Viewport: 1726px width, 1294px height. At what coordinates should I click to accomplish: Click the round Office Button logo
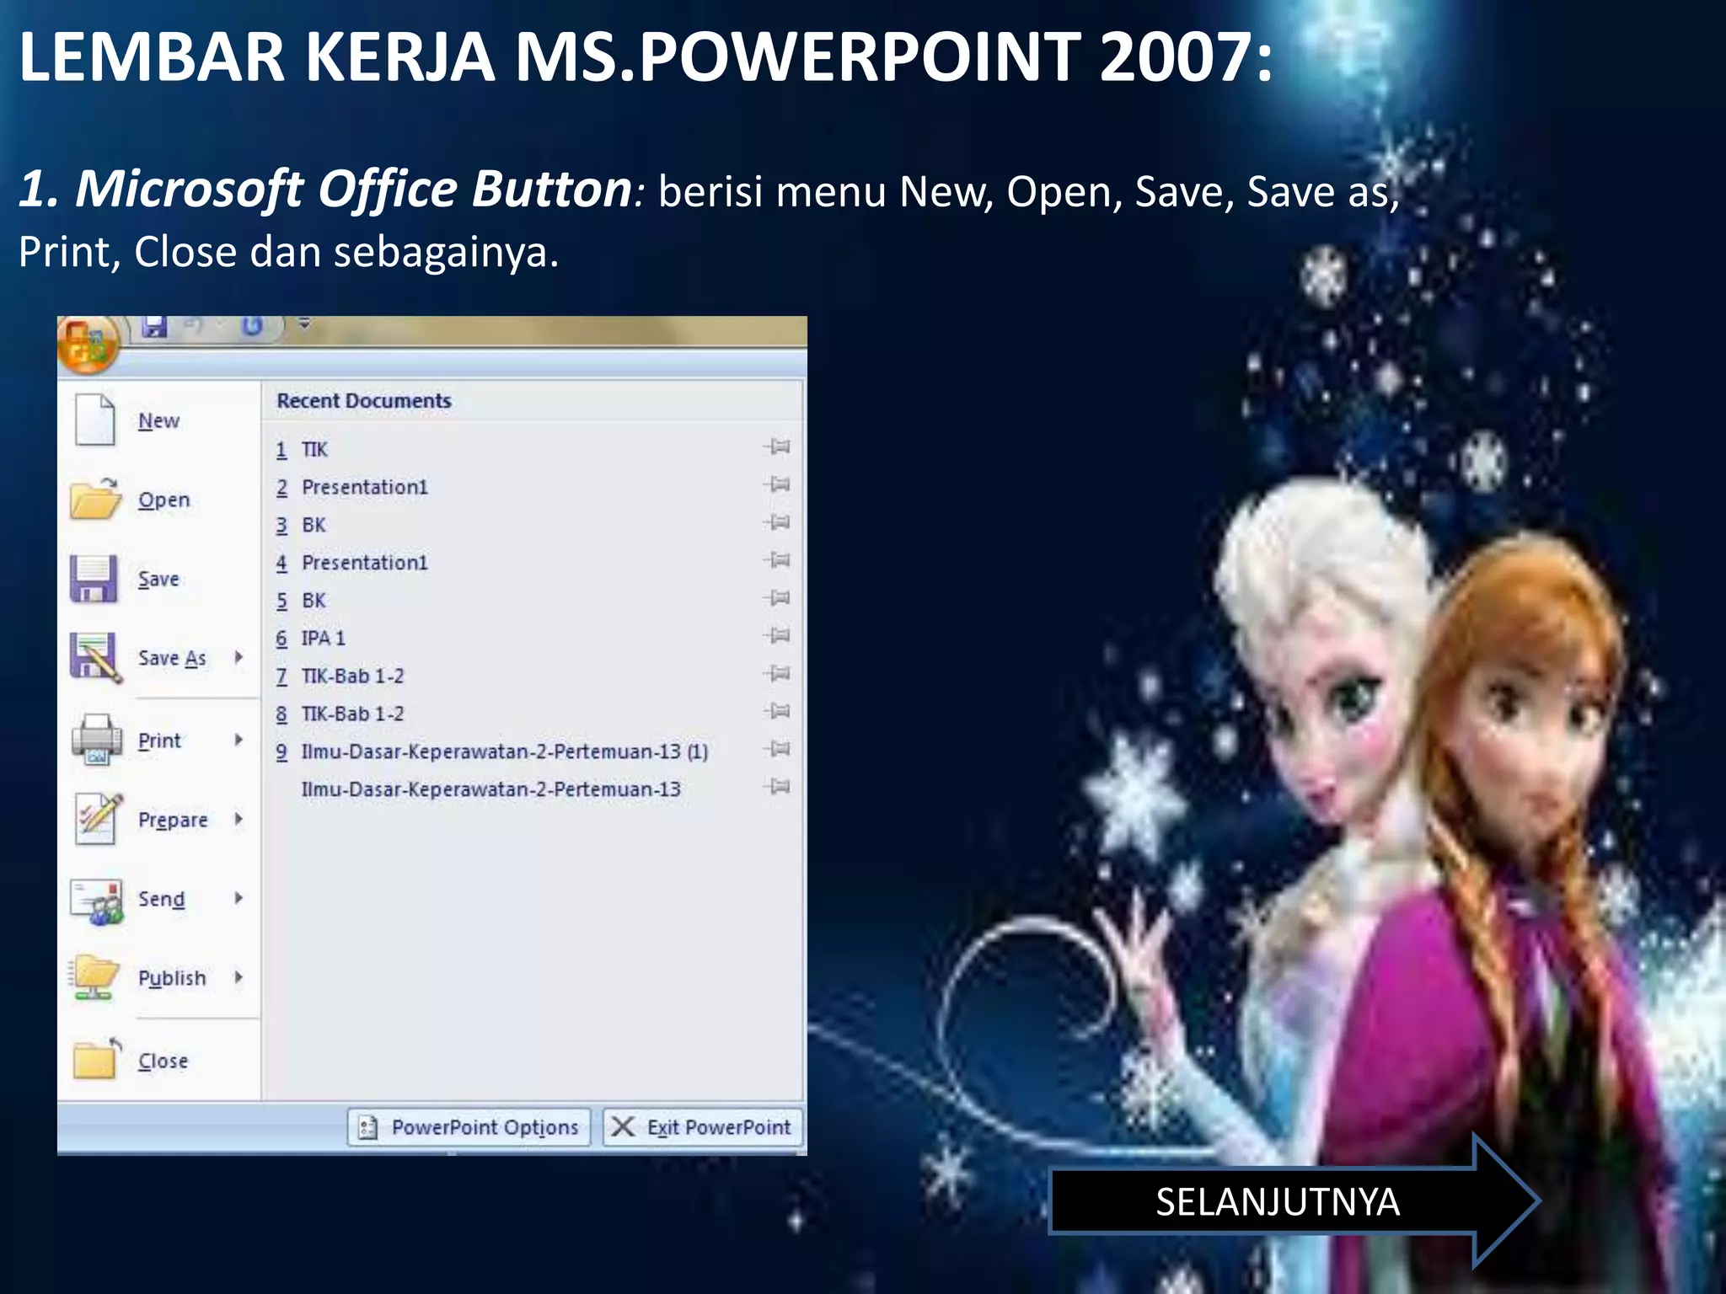pos(87,344)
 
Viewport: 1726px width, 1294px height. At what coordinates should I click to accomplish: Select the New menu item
pos(158,420)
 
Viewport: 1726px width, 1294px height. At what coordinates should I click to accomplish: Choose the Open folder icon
pos(95,499)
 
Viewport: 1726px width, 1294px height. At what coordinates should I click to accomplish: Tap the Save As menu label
pos(172,658)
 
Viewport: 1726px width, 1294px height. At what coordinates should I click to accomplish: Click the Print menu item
pos(159,741)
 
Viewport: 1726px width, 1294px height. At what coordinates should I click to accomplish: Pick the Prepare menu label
pos(173,820)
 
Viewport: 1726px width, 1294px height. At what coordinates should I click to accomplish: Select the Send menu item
pos(161,899)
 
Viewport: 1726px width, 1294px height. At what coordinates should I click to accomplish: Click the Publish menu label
pos(172,978)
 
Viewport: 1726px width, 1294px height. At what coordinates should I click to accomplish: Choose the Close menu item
pos(163,1061)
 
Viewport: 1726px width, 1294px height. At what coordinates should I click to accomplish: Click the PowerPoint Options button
pos(469,1127)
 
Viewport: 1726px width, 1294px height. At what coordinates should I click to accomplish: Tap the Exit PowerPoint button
pos(703,1127)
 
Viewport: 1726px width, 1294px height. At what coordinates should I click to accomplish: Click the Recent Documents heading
pos(364,401)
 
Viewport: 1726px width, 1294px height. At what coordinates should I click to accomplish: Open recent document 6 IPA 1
pos(323,639)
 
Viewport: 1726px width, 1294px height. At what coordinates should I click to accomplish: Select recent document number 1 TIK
pos(314,450)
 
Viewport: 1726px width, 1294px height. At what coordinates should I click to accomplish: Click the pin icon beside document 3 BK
pos(778,523)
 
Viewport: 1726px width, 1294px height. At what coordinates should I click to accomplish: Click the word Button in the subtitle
pos(551,189)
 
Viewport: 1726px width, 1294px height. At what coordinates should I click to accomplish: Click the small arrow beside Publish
pos(239,977)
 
